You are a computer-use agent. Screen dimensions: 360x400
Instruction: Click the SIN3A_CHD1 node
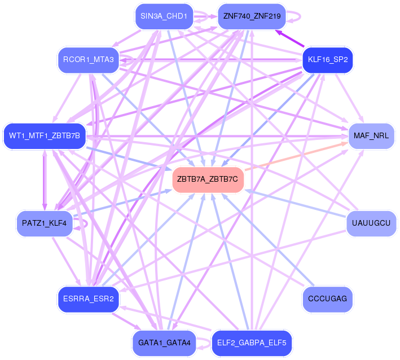[x=164, y=16]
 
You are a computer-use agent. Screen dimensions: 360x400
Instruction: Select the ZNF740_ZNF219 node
[x=252, y=16]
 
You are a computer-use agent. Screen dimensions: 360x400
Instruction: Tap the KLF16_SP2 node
[x=327, y=59]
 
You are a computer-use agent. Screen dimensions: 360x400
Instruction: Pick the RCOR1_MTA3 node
[x=88, y=59]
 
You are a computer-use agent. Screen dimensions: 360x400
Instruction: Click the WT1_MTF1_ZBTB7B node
[x=45, y=136]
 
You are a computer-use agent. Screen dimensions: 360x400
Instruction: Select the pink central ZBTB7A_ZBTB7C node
[x=208, y=179]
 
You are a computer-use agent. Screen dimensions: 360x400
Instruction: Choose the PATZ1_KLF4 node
[x=45, y=223]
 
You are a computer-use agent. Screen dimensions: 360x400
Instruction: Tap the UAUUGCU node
[x=371, y=223]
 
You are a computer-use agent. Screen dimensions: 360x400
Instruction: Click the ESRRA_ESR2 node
[x=88, y=300]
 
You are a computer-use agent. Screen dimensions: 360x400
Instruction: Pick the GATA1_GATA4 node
[x=164, y=343]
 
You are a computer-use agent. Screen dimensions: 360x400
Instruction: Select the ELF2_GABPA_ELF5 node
[x=252, y=343]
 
